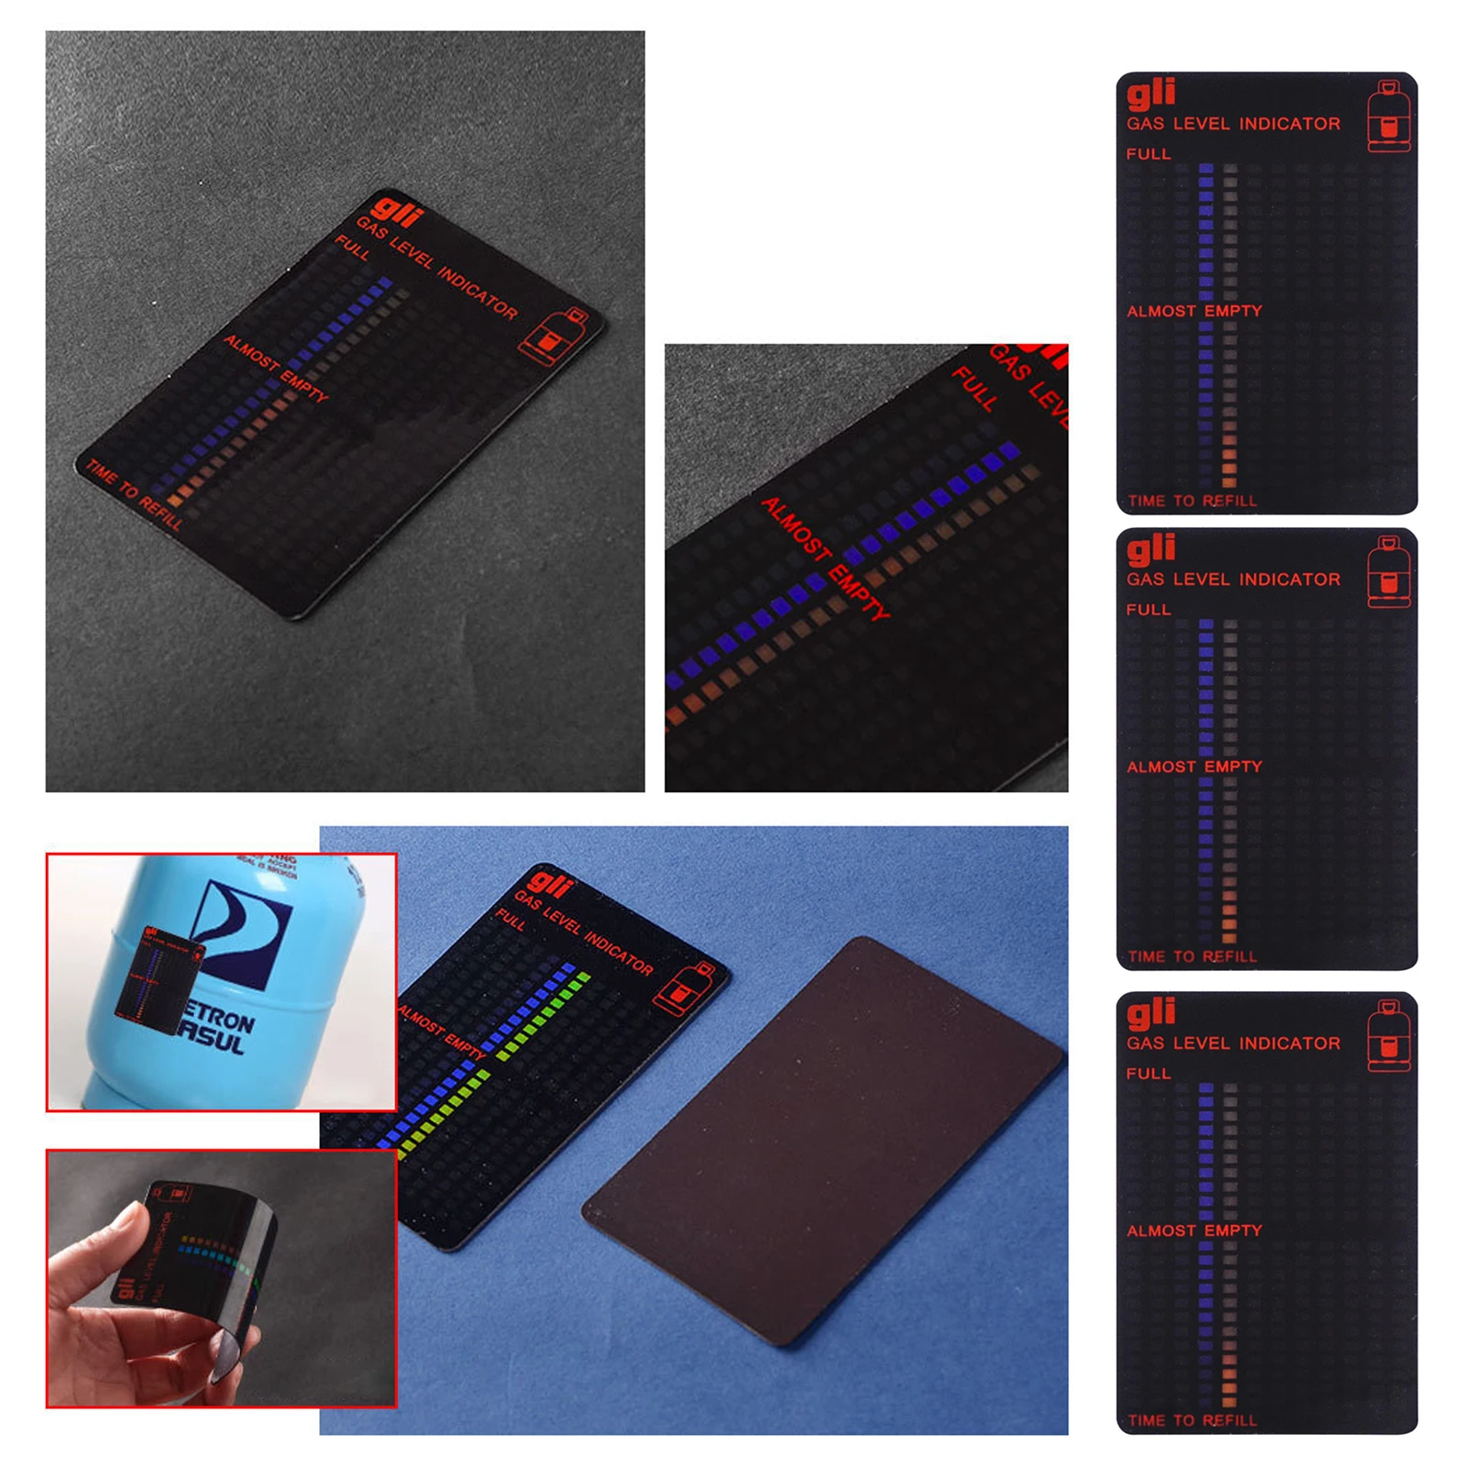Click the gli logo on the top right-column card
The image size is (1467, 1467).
pos(1151,93)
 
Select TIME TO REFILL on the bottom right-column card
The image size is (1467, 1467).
pos(1192,1420)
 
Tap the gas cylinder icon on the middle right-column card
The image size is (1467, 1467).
pos(1388,574)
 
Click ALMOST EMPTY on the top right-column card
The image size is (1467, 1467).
pos(1194,312)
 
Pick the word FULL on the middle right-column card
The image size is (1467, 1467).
pos(1148,610)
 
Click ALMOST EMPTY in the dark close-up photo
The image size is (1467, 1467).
pos(825,557)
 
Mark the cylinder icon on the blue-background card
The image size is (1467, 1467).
pos(683,989)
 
